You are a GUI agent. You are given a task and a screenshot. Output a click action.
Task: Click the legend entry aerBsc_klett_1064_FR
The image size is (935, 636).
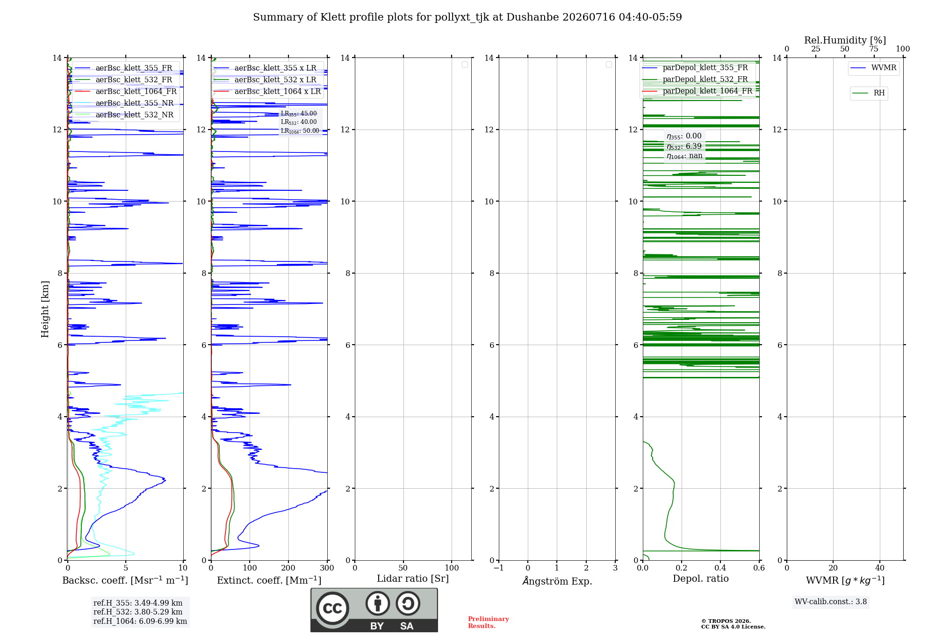126,92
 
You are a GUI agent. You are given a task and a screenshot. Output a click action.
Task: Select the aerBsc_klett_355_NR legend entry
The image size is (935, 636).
124,103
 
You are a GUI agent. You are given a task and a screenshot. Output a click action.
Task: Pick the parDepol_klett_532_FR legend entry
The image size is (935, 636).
695,79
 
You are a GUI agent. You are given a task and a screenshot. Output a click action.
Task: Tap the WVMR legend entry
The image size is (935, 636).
873,68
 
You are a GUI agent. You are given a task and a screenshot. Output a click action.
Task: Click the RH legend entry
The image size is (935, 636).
869,93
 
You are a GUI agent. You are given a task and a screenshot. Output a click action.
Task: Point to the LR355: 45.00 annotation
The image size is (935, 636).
299,114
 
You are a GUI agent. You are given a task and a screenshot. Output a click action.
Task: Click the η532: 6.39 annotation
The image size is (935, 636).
684,146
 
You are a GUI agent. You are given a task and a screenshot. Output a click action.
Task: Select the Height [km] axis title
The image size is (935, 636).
45,309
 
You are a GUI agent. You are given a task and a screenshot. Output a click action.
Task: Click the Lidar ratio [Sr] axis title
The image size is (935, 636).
413,579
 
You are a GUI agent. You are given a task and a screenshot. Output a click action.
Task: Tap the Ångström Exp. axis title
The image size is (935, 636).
557,581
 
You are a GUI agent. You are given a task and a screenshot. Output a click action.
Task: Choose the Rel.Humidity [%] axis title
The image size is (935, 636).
845,40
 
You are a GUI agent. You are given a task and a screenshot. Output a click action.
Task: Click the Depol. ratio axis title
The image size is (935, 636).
701,578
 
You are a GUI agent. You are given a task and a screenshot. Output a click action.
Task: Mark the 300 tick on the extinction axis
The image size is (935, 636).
327,568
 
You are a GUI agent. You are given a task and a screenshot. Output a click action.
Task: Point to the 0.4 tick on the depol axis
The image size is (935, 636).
720,568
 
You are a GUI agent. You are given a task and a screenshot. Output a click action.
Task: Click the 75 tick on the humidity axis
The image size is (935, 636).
874,49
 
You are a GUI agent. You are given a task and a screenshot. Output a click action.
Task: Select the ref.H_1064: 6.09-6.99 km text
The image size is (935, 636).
140,621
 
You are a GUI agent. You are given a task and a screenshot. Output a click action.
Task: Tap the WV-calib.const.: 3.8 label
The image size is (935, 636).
831,602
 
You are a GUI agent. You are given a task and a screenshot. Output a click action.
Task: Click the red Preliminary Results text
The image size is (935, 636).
489,622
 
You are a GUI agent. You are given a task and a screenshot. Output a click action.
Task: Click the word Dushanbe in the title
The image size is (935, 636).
532,17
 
